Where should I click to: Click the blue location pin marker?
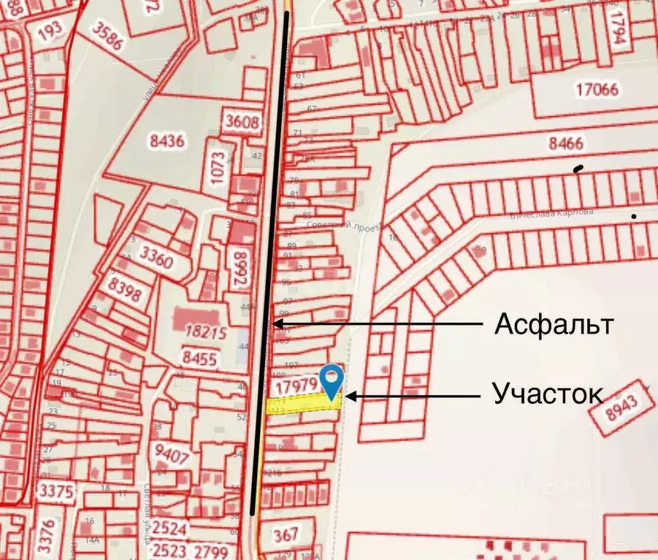[x=333, y=379]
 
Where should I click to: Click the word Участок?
[x=548, y=394]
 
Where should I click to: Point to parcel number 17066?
[x=597, y=91]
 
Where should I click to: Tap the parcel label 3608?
[x=242, y=122]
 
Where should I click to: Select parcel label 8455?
[x=199, y=358]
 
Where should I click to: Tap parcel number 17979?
[x=295, y=384]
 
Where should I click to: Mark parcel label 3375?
[x=57, y=489]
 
